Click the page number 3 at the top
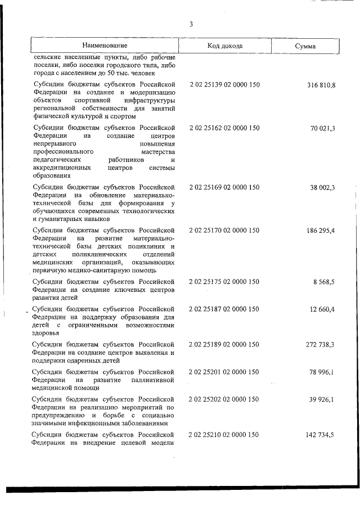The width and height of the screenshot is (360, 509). [191, 24]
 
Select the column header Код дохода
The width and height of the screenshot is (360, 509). [224, 46]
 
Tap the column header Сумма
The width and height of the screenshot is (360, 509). [305, 46]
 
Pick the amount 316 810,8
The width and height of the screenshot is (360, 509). [321, 85]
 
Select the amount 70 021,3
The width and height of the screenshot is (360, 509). [323, 129]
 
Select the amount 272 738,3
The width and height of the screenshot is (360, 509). [321, 344]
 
